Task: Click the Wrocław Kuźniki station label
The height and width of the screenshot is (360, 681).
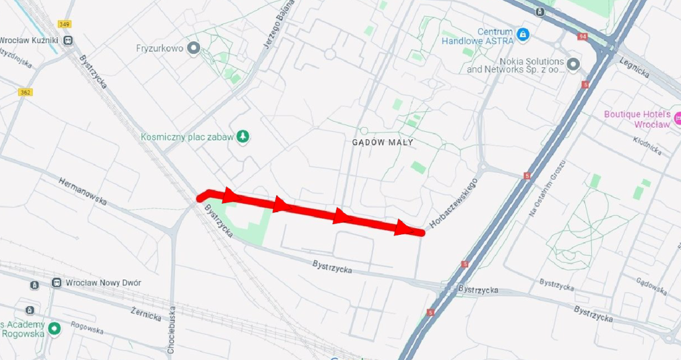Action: (x=30, y=40)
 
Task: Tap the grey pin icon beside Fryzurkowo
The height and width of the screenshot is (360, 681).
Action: (x=194, y=48)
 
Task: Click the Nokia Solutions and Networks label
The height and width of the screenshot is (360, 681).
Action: (x=515, y=65)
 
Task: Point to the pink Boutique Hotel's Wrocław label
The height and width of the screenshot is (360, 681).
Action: (x=636, y=119)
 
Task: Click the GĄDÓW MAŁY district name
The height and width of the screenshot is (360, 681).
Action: (x=382, y=142)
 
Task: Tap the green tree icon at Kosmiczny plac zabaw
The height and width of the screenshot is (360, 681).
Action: (x=244, y=137)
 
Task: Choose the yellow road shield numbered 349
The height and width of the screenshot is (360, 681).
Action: (x=64, y=24)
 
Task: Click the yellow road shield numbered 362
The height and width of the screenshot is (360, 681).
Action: (x=25, y=92)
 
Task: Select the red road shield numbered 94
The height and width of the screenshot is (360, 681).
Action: (x=583, y=36)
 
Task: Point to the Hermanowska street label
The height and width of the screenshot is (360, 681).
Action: (x=82, y=190)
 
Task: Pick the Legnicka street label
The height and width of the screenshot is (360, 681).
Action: (x=634, y=67)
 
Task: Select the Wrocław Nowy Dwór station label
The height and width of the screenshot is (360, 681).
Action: (x=103, y=283)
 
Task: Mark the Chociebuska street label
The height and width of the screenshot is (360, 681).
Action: (x=172, y=330)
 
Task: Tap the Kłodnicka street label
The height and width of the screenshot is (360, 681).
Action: (x=647, y=146)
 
